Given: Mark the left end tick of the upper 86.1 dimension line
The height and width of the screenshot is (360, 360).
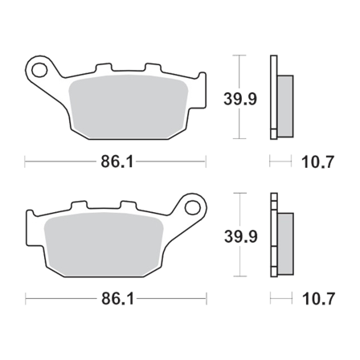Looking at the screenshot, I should pyautogui.click(x=27, y=162).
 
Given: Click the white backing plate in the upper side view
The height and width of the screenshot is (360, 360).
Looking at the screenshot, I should pyautogui.click(x=273, y=96).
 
